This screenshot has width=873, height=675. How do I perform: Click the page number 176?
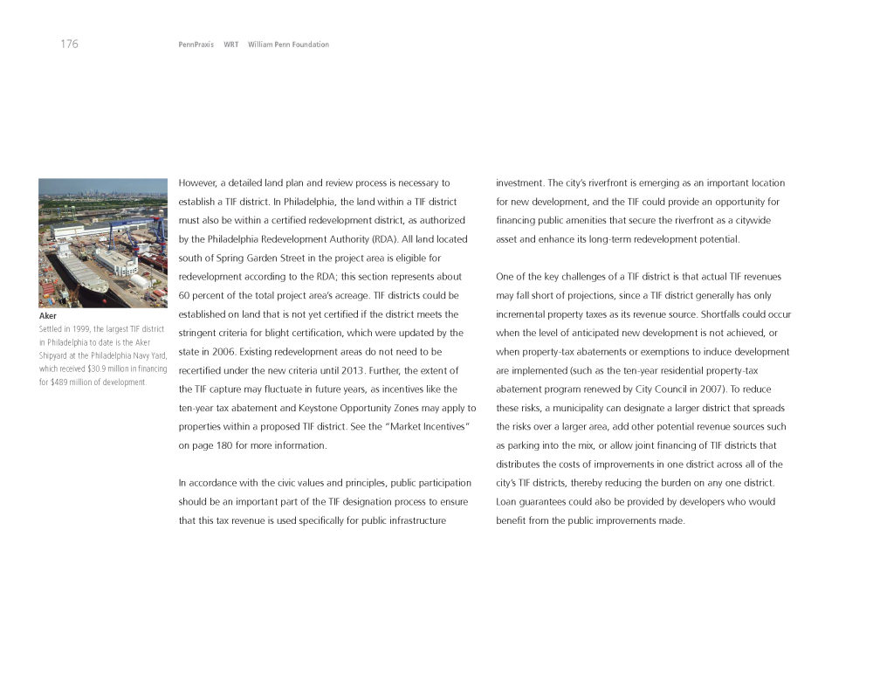[69, 45]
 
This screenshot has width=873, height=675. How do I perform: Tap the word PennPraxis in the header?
[196, 45]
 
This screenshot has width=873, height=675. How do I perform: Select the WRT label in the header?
[230, 45]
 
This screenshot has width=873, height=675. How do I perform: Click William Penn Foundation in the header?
[288, 45]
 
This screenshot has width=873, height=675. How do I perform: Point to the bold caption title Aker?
[48, 315]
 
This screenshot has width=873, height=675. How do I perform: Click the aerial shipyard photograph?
[103, 243]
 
